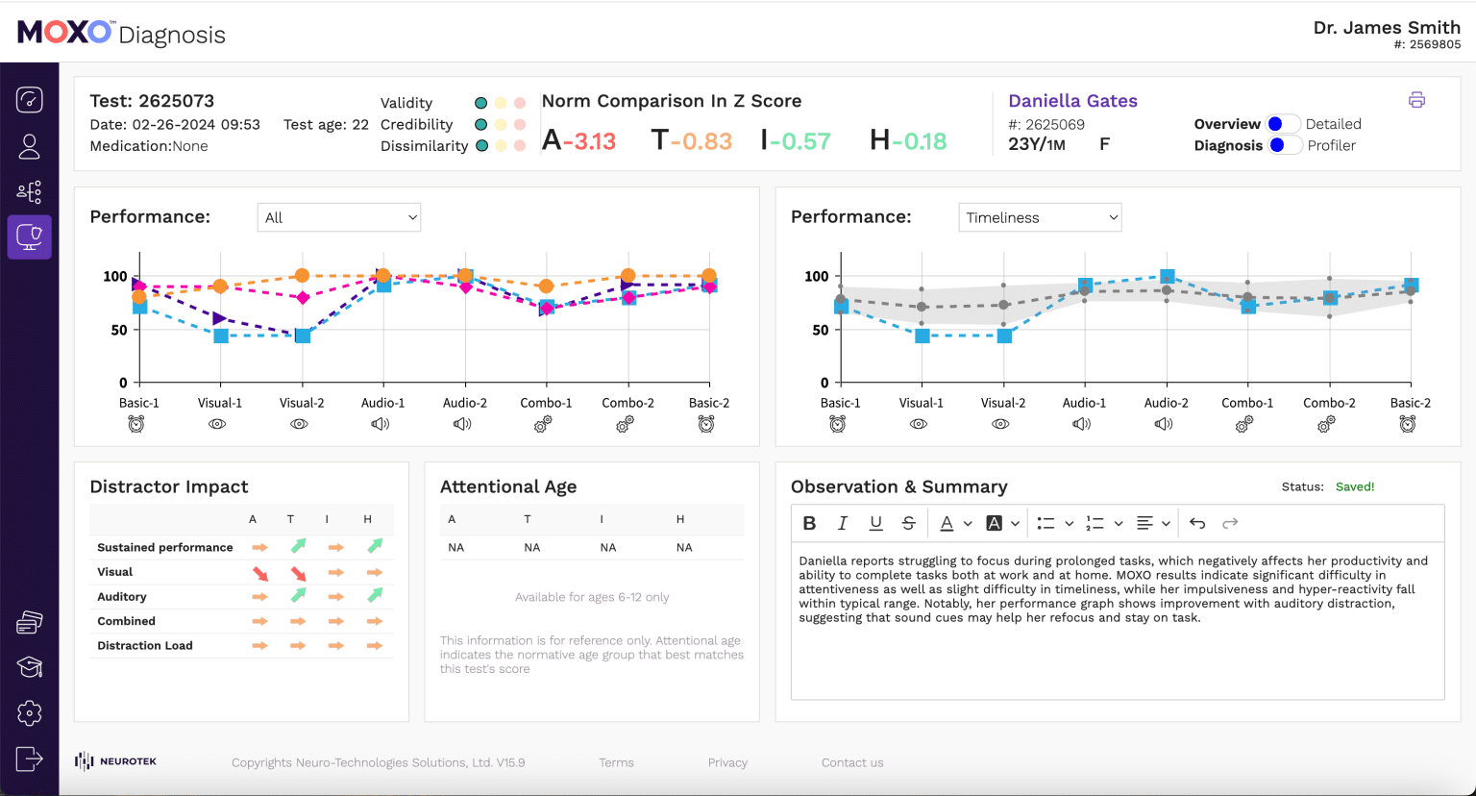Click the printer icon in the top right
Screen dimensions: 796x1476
point(1416,100)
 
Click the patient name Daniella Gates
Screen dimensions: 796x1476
point(1072,101)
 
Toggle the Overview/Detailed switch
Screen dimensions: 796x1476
point(1283,124)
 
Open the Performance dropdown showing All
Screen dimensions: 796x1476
point(338,217)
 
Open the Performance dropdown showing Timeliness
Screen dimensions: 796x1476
point(1040,217)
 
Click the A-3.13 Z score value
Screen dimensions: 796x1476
point(578,141)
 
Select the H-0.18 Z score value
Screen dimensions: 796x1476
point(907,141)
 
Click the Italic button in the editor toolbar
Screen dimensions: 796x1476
point(843,523)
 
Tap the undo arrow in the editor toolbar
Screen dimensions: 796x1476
point(1197,523)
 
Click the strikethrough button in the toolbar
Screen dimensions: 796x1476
point(908,523)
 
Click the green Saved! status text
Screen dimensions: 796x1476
point(1355,486)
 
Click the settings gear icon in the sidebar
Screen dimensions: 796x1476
point(30,712)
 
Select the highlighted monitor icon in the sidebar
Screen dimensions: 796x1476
point(30,236)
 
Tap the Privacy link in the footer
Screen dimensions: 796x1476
point(727,762)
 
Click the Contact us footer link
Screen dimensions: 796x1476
point(852,762)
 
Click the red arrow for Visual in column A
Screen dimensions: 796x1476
point(260,573)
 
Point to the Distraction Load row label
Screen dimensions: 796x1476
point(145,646)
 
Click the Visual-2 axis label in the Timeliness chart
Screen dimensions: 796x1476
point(1002,403)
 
